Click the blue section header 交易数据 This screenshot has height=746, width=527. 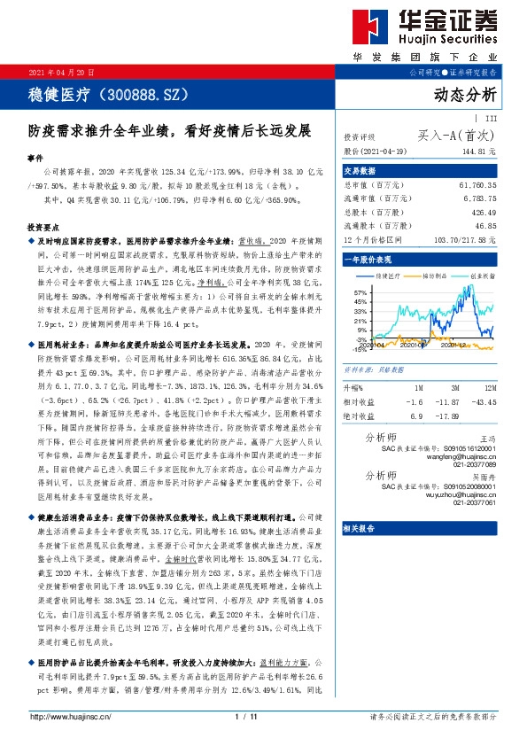pos(360,171)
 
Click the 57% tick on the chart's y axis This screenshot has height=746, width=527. pos(359,292)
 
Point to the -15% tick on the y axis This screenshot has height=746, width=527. pos(359,349)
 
